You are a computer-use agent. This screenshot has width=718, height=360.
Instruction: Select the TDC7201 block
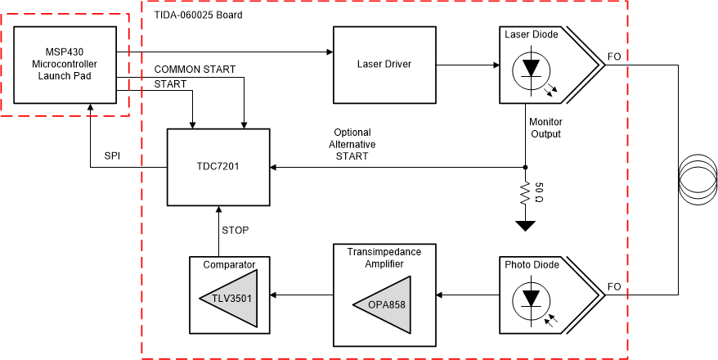coord(218,167)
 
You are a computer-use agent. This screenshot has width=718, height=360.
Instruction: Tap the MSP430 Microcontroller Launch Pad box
coord(66,64)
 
